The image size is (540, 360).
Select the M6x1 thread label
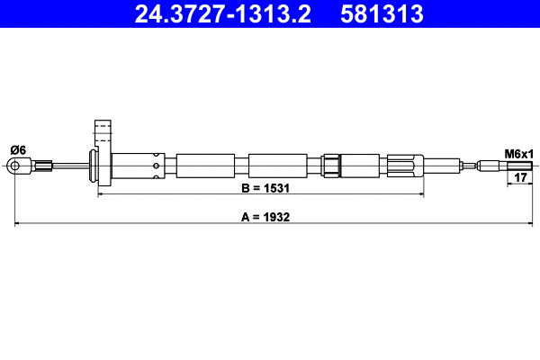(518, 154)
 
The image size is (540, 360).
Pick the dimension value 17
(518, 178)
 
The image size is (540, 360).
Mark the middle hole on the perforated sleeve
(159, 166)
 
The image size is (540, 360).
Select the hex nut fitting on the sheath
(331, 166)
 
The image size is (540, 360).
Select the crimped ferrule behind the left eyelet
(40, 165)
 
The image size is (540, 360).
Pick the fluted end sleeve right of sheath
(405, 166)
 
